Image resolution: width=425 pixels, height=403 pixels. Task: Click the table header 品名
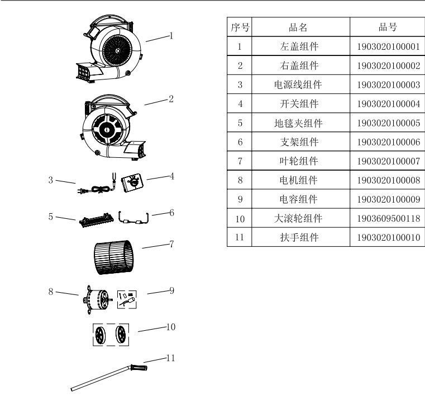300,27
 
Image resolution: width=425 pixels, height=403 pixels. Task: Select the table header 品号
387,27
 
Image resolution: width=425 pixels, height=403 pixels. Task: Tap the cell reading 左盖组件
300,47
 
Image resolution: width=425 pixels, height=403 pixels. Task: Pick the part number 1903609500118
387,218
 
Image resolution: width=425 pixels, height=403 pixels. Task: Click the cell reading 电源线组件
300,85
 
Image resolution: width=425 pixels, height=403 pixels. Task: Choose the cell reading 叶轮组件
300,161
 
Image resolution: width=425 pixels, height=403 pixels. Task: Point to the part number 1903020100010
387,237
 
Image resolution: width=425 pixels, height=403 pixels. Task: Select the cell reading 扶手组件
300,237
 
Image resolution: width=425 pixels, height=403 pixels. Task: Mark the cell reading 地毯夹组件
300,123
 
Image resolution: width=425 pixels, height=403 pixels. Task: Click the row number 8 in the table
239,180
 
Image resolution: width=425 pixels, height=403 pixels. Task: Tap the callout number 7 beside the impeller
171,245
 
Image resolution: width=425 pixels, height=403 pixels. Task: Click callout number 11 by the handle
171,357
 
